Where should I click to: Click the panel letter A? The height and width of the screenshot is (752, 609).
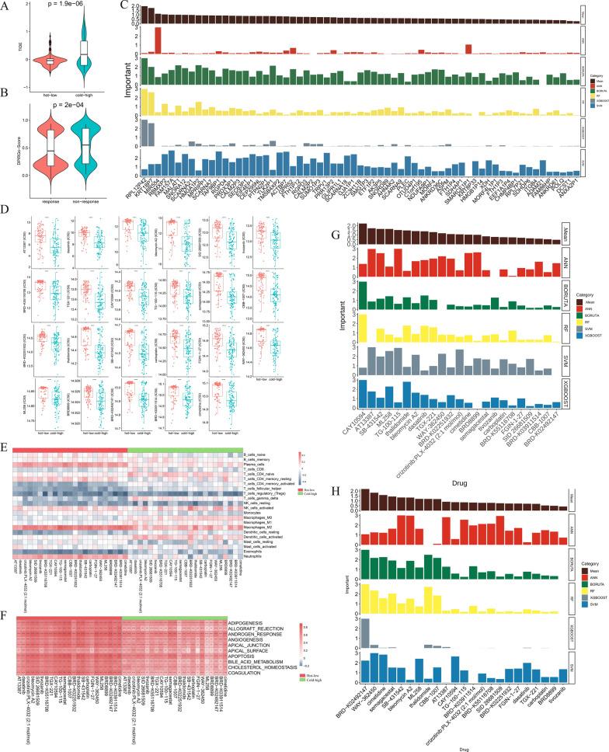pos(5,5)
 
